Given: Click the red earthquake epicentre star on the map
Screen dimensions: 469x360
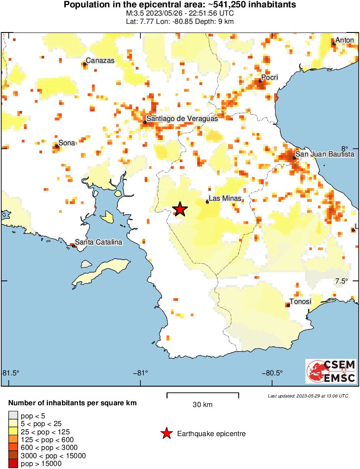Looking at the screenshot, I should click(180, 209).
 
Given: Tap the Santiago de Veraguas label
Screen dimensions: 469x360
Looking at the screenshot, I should click(182, 118).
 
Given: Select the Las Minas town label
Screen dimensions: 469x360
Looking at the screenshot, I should click(225, 199).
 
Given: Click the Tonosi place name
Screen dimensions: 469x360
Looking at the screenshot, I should click(300, 302).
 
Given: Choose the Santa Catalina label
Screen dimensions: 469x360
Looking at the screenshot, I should click(98, 242).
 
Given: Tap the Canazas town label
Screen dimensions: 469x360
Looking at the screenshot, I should click(100, 61).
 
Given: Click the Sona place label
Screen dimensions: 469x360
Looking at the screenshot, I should click(67, 143).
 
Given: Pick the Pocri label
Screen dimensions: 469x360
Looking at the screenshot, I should click(269, 77).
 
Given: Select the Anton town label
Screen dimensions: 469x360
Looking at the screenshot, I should click(345, 40).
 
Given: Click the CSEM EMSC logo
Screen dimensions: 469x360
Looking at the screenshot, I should click(331, 371).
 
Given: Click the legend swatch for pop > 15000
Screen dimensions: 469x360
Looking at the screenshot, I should click(13, 464).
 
